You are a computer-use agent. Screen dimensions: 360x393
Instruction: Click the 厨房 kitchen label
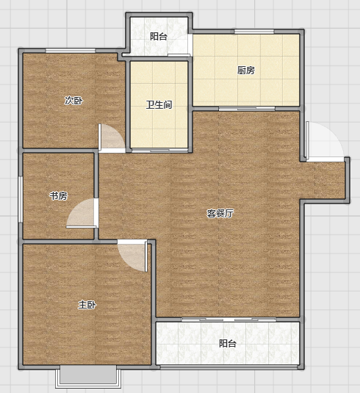click(246, 71)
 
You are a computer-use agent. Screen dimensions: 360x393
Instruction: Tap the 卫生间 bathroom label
click(159, 104)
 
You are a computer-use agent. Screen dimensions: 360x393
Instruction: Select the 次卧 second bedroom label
click(73, 101)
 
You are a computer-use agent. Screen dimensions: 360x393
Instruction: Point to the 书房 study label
click(59, 195)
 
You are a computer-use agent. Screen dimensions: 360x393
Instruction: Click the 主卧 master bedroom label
click(87, 305)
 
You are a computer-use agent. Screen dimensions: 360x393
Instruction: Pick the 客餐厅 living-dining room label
click(220, 213)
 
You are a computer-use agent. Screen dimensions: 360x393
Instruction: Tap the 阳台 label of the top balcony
click(159, 36)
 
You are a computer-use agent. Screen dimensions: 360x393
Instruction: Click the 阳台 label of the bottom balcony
click(228, 343)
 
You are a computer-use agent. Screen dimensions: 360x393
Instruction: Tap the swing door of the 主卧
click(132, 256)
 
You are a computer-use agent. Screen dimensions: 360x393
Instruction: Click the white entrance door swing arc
click(325, 142)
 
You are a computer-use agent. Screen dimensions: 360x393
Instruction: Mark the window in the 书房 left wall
click(21, 199)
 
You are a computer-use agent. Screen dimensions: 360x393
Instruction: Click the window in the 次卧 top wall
click(71, 51)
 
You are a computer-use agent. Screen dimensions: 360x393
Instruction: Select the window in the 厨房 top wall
click(254, 32)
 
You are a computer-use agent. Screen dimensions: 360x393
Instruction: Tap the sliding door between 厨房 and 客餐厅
click(247, 109)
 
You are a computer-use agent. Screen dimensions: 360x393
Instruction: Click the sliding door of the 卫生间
click(160, 151)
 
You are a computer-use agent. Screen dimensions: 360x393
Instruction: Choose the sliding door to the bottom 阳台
click(228, 320)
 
